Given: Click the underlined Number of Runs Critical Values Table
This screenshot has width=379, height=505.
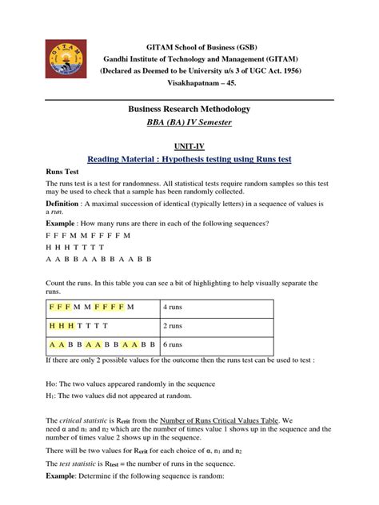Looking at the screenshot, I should point(215,420).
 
